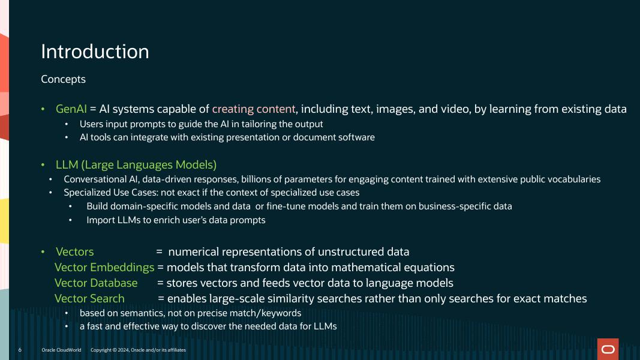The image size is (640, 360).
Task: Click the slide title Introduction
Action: pyautogui.click(x=95, y=52)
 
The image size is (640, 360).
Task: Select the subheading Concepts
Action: pyautogui.click(x=63, y=79)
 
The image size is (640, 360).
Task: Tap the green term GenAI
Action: pyautogui.click(x=71, y=109)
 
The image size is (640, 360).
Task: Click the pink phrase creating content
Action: pyautogui.click(x=254, y=109)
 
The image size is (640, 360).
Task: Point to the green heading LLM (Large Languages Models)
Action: pyautogui.click(x=136, y=164)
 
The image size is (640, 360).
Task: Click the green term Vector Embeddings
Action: pyautogui.click(x=104, y=268)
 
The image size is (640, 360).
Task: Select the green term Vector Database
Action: pyautogui.click(x=96, y=283)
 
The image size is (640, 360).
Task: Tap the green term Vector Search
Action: pyautogui.click(x=89, y=299)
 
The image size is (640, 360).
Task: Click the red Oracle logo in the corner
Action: pyautogui.click(x=608, y=349)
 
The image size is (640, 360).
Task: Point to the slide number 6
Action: pyautogui.click(x=20, y=350)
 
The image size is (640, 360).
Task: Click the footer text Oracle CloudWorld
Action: pyautogui.click(x=61, y=350)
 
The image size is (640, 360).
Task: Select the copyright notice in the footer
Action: pyautogui.click(x=138, y=350)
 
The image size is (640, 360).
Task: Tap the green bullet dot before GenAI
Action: pyautogui.click(x=43, y=109)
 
